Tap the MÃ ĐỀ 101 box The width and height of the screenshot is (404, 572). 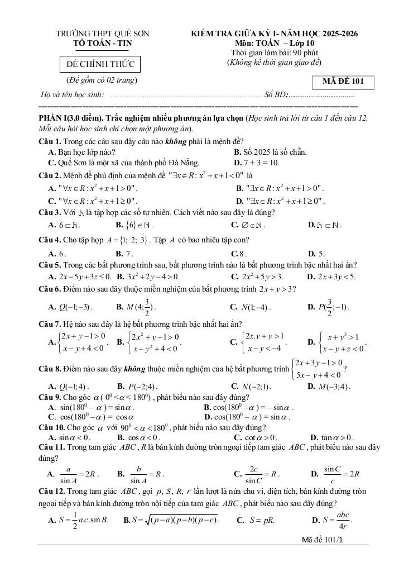tap(343, 82)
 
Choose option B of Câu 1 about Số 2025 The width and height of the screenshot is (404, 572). tap(270, 152)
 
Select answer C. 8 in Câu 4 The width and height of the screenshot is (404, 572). tap(239, 253)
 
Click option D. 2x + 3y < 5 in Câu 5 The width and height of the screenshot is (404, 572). tap(331, 276)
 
